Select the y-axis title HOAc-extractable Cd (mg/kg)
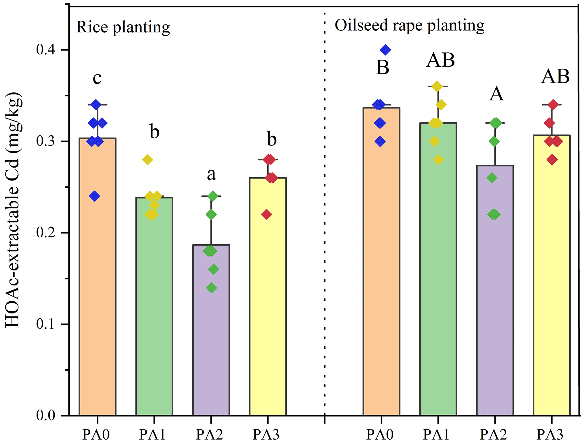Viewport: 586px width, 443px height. (x=13, y=210)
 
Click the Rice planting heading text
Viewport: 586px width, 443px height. (x=123, y=27)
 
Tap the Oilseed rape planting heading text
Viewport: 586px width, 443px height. (x=409, y=26)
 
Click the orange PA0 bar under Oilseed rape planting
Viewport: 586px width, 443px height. (x=381, y=261)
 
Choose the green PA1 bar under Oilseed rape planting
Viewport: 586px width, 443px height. (x=438, y=269)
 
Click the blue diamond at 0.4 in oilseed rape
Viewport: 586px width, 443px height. (x=385, y=50)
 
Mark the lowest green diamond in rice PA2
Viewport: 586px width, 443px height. (x=211, y=288)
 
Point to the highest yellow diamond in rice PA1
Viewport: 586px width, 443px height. (x=147, y=160)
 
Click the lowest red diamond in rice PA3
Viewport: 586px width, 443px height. (x=266, y=215)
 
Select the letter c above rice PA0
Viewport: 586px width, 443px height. (x=97, y=78)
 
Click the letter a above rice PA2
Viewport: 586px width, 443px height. (x=211, y=174)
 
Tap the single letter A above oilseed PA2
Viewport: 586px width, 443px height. (x=496, y=94)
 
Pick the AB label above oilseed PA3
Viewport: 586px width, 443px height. (x=555, y=77)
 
